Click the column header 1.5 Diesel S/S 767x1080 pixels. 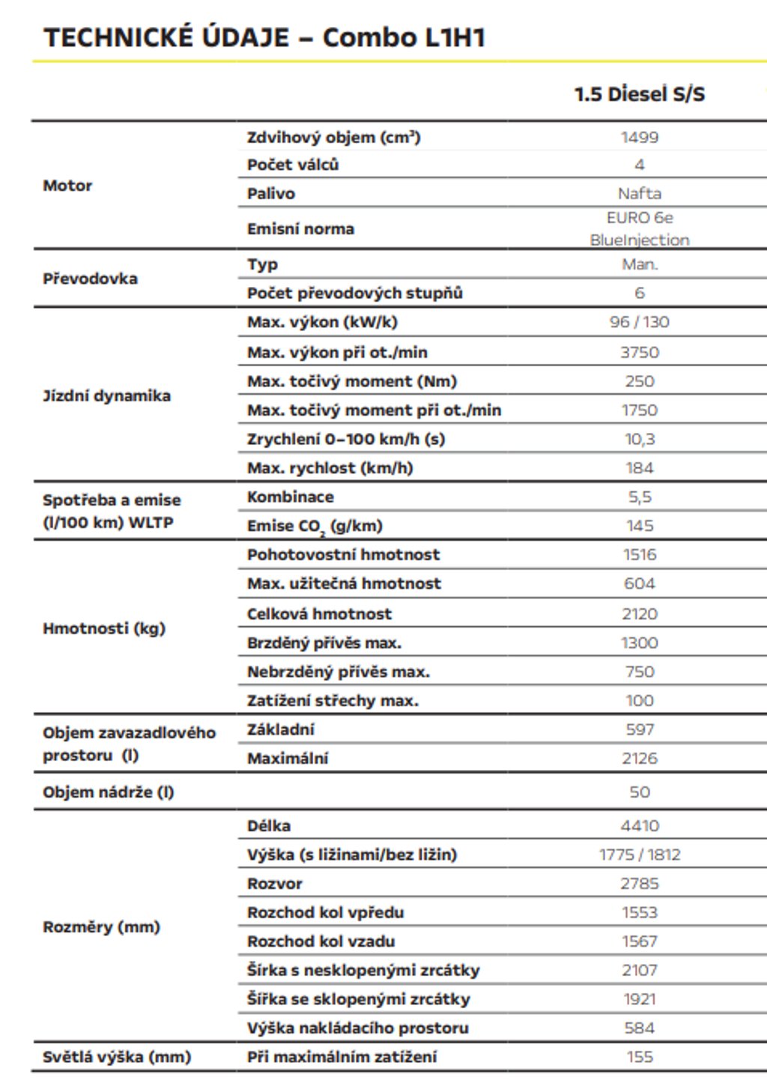click(639, 94)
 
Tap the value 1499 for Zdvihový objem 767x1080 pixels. click(639, 137)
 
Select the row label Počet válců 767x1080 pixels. click(293, 165)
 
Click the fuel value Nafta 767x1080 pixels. click(639, 193)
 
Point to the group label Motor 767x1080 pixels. click(67, 186)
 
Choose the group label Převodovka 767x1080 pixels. click(90, 279)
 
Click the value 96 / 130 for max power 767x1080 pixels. click(639, 322)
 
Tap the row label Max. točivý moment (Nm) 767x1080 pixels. click(352, 381)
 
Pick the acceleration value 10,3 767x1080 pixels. click(639, 439)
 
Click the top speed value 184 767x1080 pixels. click(639, 468)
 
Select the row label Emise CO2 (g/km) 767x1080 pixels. click(315, 527)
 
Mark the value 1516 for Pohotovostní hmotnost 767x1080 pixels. click(639, 555)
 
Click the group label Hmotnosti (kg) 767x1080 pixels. click(104, 628)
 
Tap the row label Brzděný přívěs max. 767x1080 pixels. click(324, 643)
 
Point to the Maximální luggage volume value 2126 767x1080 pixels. click(639, 759)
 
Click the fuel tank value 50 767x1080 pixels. click(639, 792)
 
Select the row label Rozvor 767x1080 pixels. click(275, 884)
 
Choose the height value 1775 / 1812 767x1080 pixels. click(639, 855)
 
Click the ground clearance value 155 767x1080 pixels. click(639, 1057)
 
